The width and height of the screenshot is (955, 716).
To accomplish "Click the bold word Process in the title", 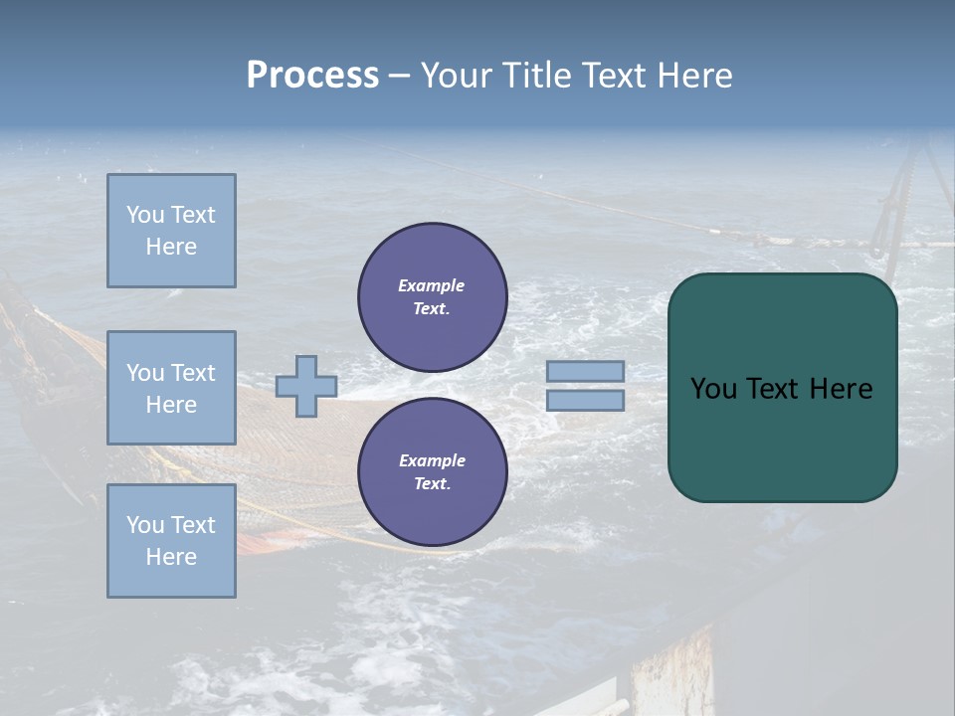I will [x=312, y=76].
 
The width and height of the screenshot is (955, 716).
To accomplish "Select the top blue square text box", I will [x=171, y=231].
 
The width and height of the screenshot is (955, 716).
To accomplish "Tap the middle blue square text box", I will [x=171, y=388].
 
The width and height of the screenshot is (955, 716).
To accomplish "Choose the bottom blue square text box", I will [x=171, y=541].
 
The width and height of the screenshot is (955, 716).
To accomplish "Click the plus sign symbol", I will [x=306, y=386].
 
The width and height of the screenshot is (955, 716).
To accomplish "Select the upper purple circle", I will [x=432, y=296].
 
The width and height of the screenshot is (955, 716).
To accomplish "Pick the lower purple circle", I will [x=432, y=471].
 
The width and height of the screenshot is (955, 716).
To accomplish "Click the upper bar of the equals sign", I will [x=585, y=371].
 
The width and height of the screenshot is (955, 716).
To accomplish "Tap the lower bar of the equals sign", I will [x=585, y=400].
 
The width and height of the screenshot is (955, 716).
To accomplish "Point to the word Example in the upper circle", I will [x=431, y=285].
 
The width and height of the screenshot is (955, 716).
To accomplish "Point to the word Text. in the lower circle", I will [x=432, y=483].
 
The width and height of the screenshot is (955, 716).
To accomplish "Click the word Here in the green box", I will [x=841, y=389].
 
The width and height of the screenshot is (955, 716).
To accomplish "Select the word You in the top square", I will [x=145, y=215].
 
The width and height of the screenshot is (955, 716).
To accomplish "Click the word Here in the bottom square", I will [x=171, y=557].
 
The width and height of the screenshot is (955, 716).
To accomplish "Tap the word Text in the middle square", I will [x=193, y=373].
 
